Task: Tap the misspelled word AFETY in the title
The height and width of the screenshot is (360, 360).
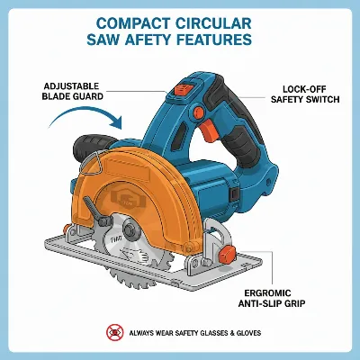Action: pyautogui.click(x=160, y=40)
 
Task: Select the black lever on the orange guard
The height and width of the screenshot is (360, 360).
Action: pyautogui.click(x=93, y=211)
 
